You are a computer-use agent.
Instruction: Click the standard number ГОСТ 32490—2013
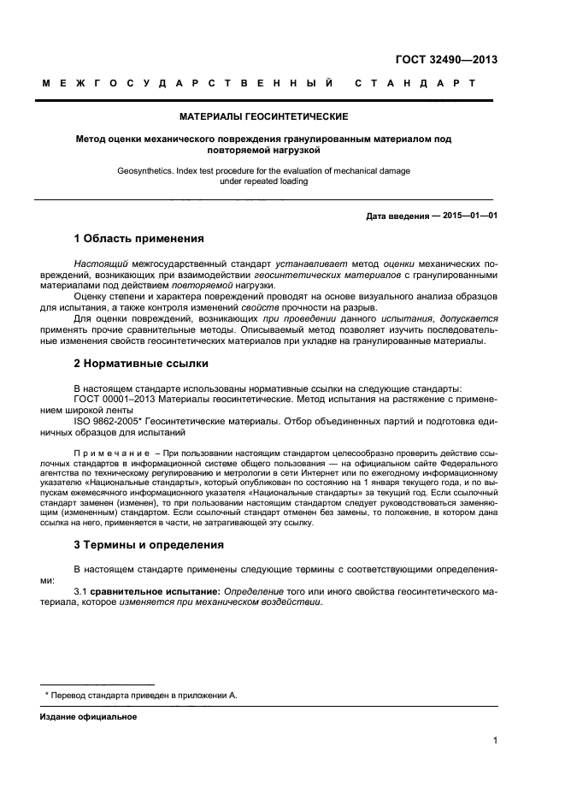(446, 60)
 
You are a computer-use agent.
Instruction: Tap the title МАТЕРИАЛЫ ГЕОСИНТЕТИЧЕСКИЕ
(263, 116)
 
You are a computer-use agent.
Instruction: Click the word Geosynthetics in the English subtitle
(143, 171)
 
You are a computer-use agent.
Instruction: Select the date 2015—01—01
(470, 216)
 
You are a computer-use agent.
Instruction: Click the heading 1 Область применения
(138, 238)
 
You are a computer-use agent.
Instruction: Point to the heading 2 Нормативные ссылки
(141, 364)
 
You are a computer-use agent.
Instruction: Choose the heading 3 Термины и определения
(149, 544)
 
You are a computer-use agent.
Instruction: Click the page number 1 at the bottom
(495, 741)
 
